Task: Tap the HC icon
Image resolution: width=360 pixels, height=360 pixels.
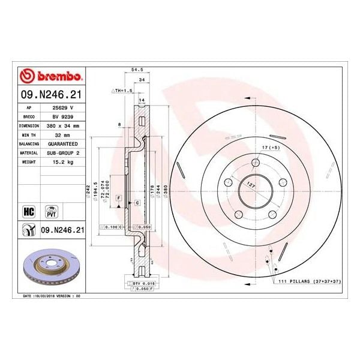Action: (x=28, y=211)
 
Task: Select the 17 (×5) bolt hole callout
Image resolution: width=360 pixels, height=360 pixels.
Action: (x=272, y=146)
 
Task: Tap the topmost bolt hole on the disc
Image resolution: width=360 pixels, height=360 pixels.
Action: (x=256, y=161)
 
